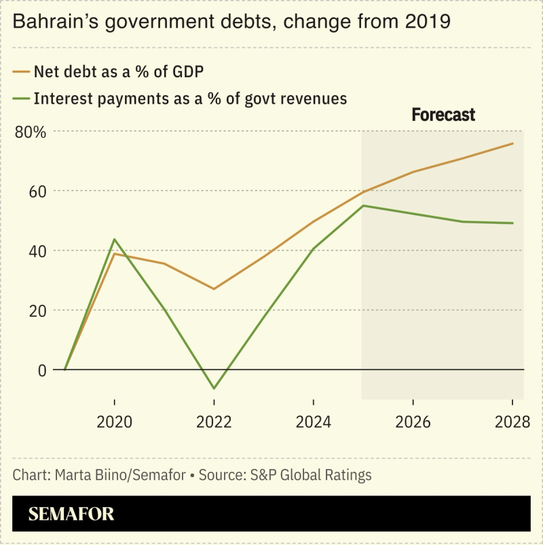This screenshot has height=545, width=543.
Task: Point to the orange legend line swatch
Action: point(20,71)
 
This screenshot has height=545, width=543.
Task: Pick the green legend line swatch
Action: point(20,98)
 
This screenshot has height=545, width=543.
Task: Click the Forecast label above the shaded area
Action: point(443,115)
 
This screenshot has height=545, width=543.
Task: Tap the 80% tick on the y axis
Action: point(31,131)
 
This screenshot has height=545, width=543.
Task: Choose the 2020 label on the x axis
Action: point(114,422)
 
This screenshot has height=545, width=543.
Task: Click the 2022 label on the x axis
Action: point(214,422)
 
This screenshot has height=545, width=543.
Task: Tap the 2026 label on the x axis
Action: point(413,422)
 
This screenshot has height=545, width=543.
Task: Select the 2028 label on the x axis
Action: point(512,422)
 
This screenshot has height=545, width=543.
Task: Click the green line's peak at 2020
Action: point(114,240)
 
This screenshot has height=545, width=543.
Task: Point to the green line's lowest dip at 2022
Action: point(214,388)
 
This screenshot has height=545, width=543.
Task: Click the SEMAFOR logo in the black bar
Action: point(71,514)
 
